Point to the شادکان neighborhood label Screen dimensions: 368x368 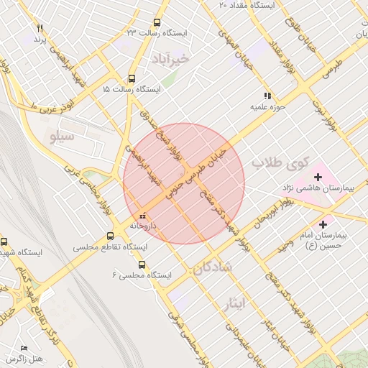click(x=212, y=267)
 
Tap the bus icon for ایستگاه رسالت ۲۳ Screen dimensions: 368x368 click(x=157, y=22)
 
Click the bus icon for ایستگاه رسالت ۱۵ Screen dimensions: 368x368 click(x=131, y=78)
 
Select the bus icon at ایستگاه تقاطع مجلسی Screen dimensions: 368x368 click(x=110, y=235)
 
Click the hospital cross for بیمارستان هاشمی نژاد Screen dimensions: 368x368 click(x=318, y=176)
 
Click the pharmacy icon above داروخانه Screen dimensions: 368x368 click(x=142, y=215)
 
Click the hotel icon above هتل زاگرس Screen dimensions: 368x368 click(x=24, y=348)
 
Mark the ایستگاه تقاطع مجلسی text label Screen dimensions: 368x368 click(x=109, y=247)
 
